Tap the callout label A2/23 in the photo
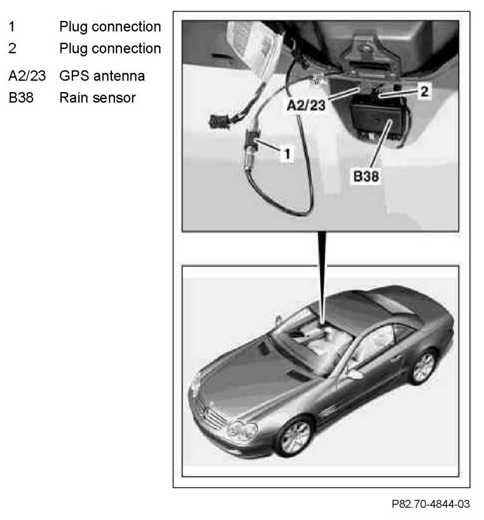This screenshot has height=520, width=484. [307, 105]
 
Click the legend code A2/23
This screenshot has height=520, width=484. [27, 76]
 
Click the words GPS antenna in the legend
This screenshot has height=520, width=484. [102, 76]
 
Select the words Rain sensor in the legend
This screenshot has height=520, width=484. [97, 97]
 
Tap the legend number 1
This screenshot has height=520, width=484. [11, 27]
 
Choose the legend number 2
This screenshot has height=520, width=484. [12, 48]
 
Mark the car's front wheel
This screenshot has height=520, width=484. [295, 437]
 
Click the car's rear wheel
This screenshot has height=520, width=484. [423, 366]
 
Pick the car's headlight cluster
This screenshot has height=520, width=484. [242, 432]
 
